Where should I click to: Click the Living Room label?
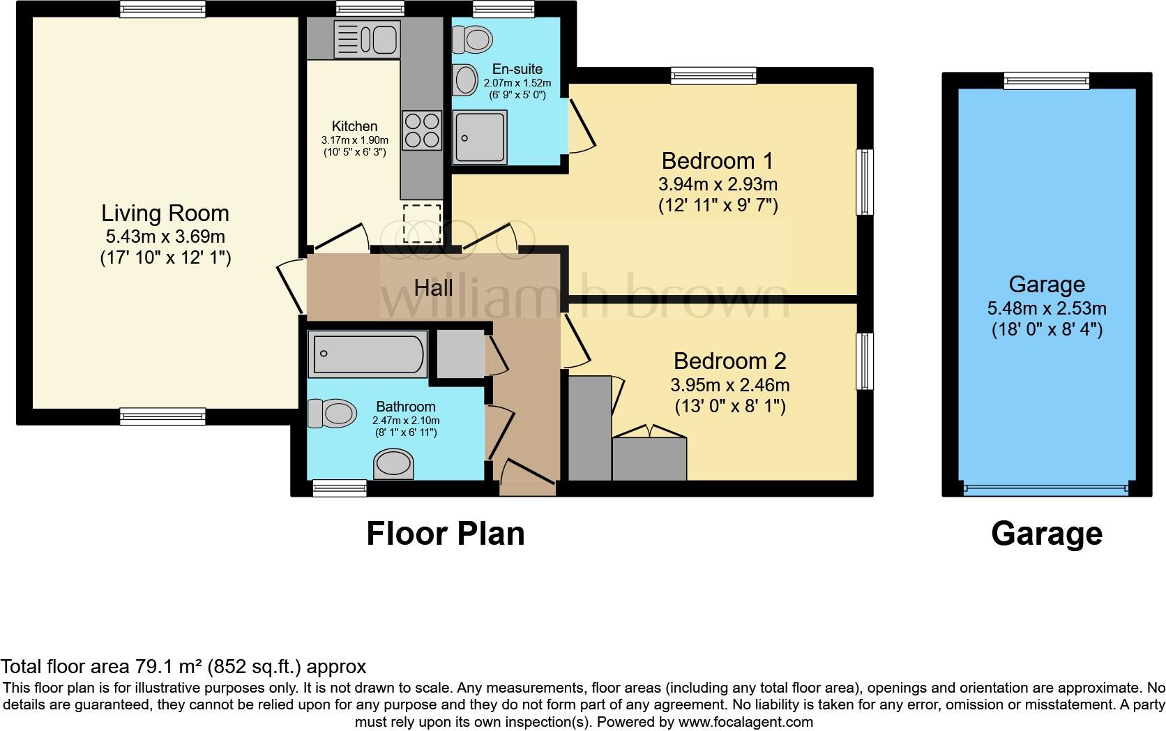[165, 213]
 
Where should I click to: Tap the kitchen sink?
[367, 38]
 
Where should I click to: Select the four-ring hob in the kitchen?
[422, 130]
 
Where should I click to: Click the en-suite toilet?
[470, 39]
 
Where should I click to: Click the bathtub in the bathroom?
[368, 354]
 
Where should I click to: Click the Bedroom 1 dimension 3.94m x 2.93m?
[718, 185]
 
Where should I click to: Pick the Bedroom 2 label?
[729, 361]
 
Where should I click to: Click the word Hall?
[433, 287]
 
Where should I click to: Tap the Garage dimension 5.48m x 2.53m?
[1047, 308]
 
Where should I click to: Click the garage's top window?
[1046, 81]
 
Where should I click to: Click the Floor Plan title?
[445, 534]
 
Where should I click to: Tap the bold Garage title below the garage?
[1046, 534]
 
